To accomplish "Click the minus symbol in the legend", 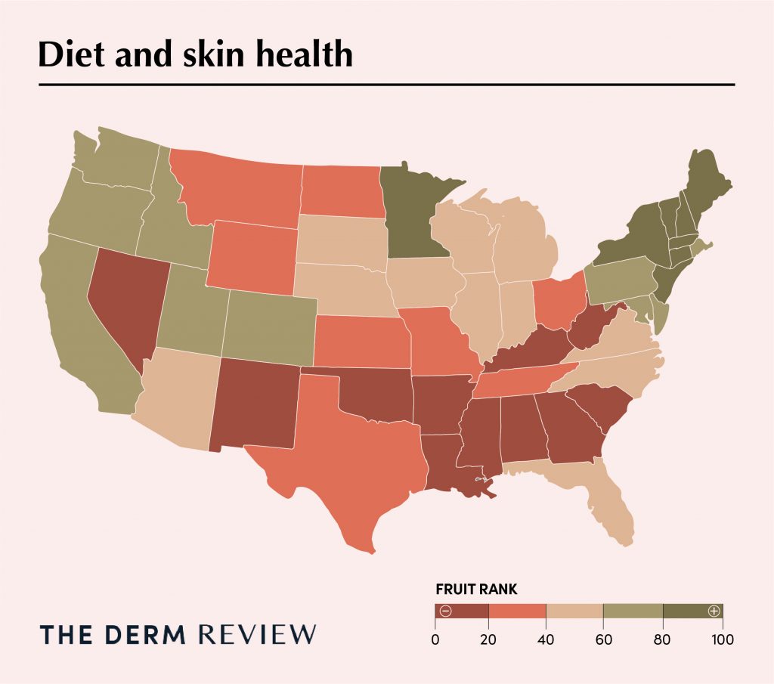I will coord(445,611).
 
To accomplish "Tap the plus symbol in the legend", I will coord(713,611).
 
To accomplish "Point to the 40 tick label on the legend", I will coord(546,639).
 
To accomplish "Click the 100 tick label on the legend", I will coord(722,639).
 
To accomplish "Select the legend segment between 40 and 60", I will coord(574,611).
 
